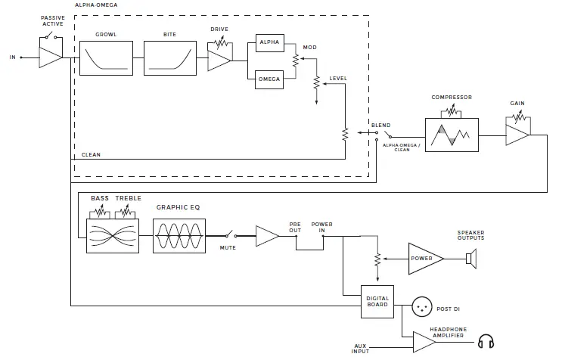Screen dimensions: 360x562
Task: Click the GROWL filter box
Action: (106, 57)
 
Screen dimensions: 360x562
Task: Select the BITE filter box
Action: (169, 57)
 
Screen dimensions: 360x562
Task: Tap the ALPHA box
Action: (269, 43)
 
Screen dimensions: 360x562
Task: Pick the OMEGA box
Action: (269, 79)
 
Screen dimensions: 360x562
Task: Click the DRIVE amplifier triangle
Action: (218, 57)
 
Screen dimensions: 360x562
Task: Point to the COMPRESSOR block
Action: (452, 135)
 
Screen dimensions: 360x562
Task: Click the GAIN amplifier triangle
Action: (517, 135)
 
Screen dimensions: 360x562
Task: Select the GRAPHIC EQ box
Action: (179, 236)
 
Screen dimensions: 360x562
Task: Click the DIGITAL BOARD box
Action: (377, 301)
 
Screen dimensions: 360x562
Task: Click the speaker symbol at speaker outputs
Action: (470, 259)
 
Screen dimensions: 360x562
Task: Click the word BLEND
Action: (381, 125)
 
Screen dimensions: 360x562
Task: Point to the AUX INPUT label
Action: (360, 348)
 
